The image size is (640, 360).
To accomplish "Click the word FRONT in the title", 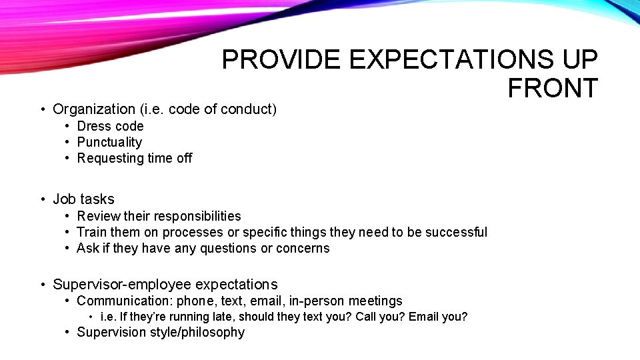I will pyautogui.click(x=552, y=89).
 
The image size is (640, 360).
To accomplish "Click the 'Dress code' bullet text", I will pyautogui.click(x=110, y=126).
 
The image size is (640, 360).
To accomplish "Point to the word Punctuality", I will pyautogui.click(x=109, y=142).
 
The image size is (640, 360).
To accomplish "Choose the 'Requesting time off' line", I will pyautogui.click(x=134, y=158).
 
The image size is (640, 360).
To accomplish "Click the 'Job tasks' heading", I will pyautogui.click(x=83, y=199).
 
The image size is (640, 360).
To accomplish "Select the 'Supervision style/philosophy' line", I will pyautogui.click(x=161, y=332).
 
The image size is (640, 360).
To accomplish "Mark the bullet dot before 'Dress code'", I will pyautogui.click(x=68, y=127).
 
